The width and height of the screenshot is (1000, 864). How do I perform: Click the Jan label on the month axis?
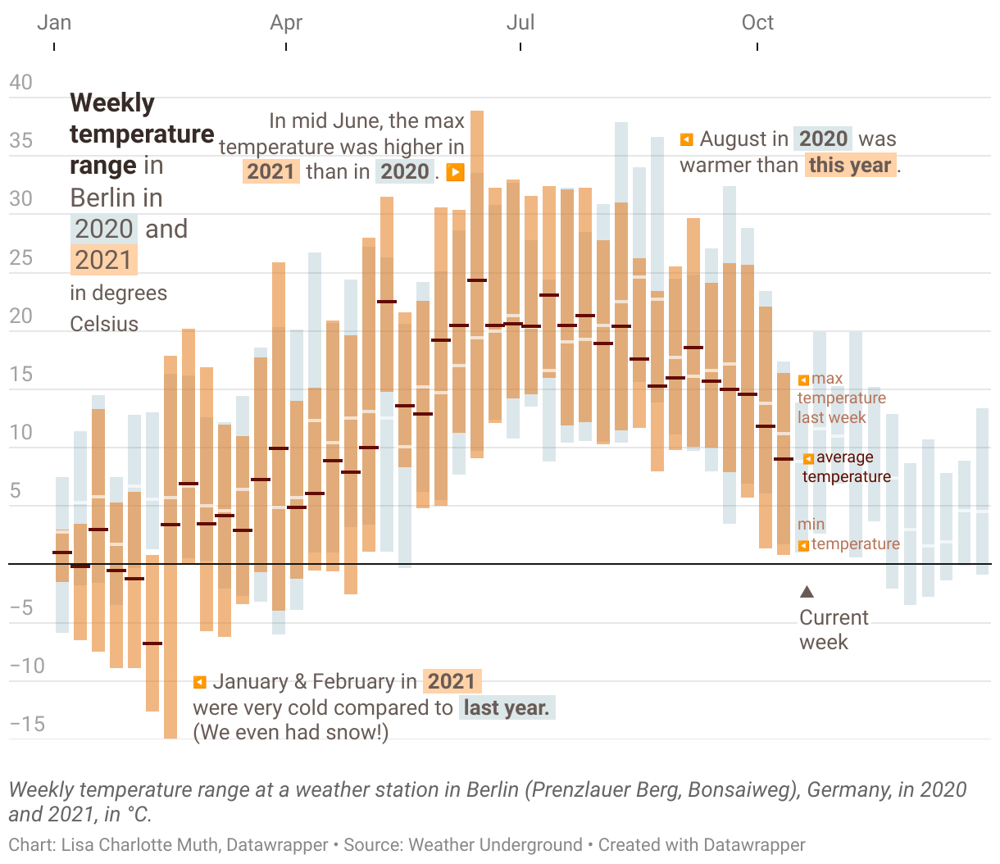(x=54, y=23)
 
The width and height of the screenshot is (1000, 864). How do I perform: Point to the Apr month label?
(x=286, y=23)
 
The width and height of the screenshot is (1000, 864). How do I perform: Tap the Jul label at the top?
(x=520, y=23)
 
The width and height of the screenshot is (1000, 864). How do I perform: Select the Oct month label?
(x=757, y=23)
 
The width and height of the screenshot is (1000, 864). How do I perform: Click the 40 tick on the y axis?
(x=21, y=83)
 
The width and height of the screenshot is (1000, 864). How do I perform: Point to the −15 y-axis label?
(x=27, y=724)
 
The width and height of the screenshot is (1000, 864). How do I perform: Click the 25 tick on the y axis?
(x=21, y=258)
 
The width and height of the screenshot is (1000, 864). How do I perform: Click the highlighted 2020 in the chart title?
(x=103, y=229)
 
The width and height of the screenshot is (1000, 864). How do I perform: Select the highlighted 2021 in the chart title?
(x=103, y=260)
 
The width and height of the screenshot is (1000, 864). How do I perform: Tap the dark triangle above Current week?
(x=807, y=592)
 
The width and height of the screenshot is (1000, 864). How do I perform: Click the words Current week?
(x=833, y=630)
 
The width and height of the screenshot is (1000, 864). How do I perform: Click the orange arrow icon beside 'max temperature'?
(x=804, y=380)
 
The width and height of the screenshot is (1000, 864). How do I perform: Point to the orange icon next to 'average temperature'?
(x=808, y=458)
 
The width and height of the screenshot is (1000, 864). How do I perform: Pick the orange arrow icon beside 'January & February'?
(x=199, y=682)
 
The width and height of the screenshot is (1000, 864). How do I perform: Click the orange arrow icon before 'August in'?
(x=687, y=139)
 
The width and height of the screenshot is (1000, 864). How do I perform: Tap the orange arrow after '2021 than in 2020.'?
(x=455, y=172)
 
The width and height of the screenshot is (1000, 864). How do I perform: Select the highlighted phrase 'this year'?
(x=849, y=166)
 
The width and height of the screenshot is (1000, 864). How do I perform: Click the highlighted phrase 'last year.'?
(x=507, y=707)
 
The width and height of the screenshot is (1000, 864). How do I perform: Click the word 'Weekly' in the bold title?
(x=112, y=103)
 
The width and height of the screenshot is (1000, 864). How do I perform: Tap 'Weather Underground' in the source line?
(x=495, y=845)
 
